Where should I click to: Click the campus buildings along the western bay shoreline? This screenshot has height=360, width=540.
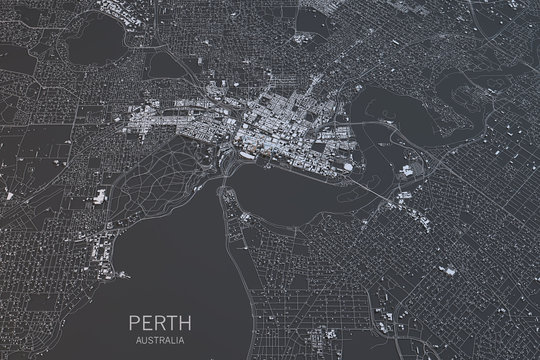[103, 240]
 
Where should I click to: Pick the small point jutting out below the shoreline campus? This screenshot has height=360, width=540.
[120, 274]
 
